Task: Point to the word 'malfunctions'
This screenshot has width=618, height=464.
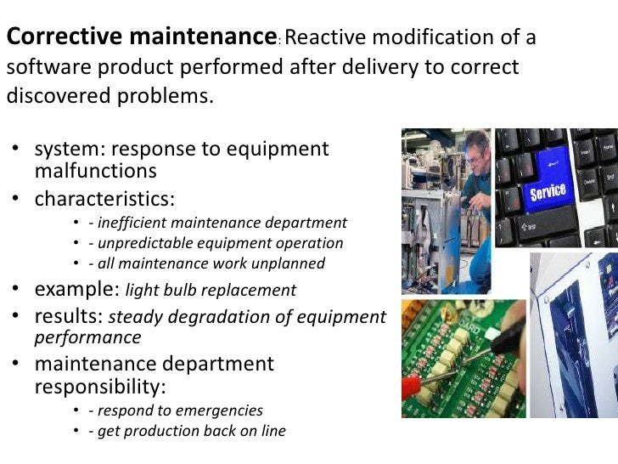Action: [95, 170]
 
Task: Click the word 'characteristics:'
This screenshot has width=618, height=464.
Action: [104, 199]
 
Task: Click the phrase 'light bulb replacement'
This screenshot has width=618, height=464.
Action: [211, 291]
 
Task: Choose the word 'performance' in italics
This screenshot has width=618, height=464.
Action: [87, 337]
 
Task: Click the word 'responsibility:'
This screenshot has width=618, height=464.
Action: [99, 387]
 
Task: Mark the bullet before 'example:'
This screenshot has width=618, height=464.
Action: [16, 290]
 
